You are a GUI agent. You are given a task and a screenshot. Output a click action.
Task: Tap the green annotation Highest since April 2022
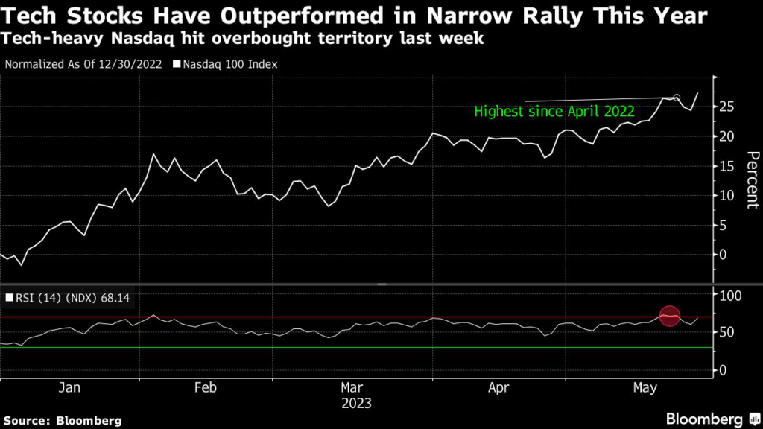click(554, 112)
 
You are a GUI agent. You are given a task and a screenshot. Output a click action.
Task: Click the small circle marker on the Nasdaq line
click(677, 98)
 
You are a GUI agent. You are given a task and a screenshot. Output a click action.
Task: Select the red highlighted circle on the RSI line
click(669, 317)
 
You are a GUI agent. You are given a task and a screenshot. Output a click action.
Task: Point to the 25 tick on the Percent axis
click(729, 107)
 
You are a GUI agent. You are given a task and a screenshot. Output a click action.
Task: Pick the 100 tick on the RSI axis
click(732, 296)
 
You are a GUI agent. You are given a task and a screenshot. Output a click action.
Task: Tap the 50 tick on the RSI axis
click(729, 332)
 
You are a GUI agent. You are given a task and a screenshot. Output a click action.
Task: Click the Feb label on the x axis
click(205, 388)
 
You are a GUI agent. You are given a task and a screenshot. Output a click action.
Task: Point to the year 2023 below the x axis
click(356, 404)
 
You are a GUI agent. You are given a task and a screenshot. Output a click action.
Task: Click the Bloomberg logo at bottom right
click(704, 418)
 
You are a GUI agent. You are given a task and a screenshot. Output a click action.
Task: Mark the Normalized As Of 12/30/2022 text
click(83, 64)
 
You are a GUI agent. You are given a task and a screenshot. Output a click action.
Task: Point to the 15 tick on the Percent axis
click(729, 165)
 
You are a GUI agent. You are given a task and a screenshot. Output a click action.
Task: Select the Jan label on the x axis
click(69, 388)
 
